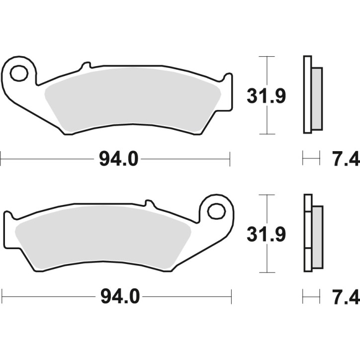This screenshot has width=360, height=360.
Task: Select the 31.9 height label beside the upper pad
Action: pos(266,95)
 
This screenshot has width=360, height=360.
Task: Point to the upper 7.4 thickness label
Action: pos(345,160)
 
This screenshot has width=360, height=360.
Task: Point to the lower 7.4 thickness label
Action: pos(345,297)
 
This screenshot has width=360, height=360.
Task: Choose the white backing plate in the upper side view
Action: pos(306,94)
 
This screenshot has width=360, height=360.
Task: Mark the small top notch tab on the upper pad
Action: pos(86,65)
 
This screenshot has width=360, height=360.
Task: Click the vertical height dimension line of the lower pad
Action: pos(268,259)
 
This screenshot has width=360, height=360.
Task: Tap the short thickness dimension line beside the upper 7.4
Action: pos(311,160)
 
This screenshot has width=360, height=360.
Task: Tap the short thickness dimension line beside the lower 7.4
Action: pos(311,297)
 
